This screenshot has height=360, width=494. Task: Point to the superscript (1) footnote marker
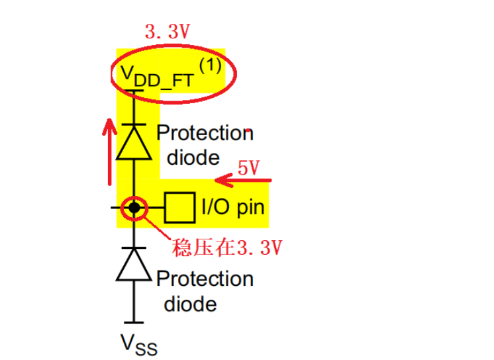coord(211,67)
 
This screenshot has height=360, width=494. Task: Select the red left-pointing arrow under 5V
coord(242,179)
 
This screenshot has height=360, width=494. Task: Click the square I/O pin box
coord(179,208)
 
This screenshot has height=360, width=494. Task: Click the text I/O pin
coord(232,208)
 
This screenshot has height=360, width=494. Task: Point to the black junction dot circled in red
coord(134,208)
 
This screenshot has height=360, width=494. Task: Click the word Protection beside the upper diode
coord(205,133)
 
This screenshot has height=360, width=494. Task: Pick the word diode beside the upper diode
coord(193,158)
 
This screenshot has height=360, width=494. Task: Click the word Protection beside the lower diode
coord(205,279)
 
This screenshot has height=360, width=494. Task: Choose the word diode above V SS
coord(190,304)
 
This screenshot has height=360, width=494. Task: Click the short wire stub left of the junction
coord(119,208)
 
